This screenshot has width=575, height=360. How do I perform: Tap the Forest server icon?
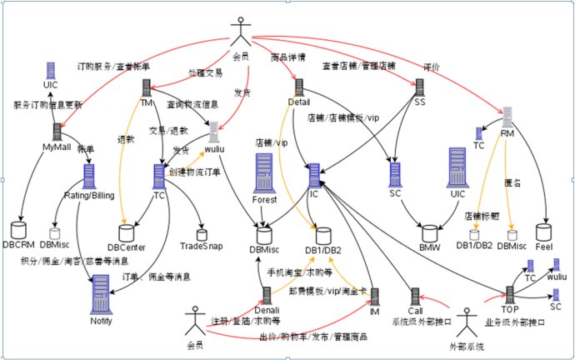point(264,174)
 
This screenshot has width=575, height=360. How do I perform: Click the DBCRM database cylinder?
point(20,228)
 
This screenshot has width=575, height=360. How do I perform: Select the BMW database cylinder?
point(428,230)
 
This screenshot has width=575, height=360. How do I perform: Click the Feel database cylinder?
point(544,230)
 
